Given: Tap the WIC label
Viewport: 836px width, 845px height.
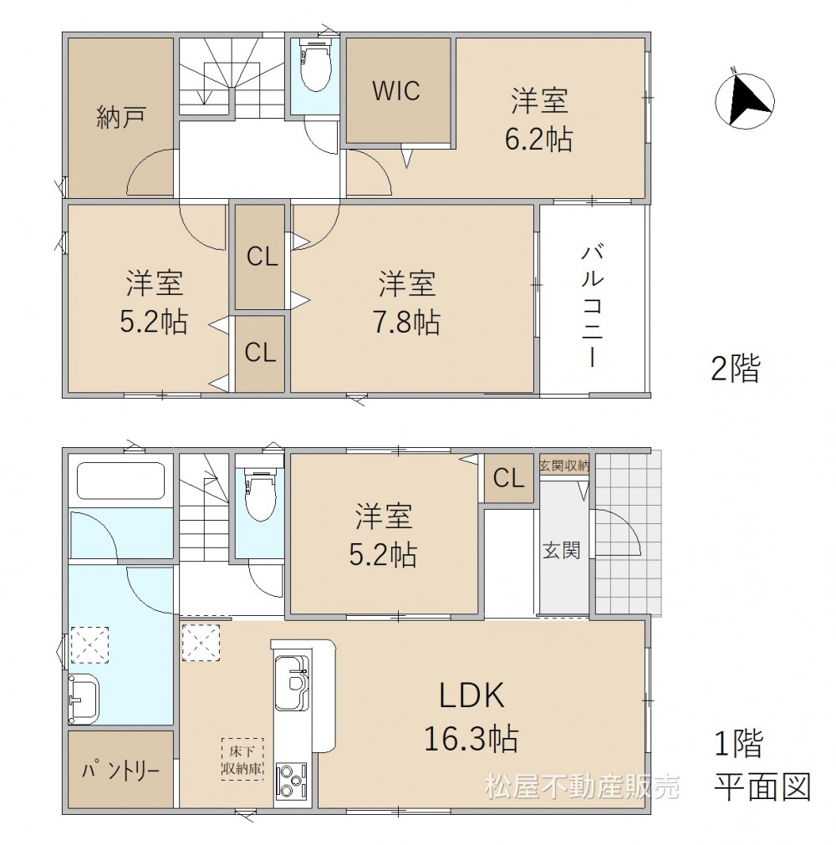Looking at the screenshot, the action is coord(396,90).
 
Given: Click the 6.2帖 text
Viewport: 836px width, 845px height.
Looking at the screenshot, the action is coord(538,139).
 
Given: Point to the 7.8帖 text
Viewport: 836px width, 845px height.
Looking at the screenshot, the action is coord(407,322).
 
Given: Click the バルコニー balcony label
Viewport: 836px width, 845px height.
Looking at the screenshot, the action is coord(592,305).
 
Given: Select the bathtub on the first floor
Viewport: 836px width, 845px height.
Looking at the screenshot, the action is coord(120,481).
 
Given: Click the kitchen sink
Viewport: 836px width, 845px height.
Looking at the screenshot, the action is coord(293,683).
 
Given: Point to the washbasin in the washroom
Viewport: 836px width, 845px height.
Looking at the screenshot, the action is coord(84,699).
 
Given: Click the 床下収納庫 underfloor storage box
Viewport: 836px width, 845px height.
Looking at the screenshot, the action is coord(242,759).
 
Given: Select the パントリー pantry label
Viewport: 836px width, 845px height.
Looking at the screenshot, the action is coord(120,771).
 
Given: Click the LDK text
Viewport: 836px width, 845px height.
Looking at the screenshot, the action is coord(472,695).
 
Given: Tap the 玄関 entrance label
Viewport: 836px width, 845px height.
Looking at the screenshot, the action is coord(562,551).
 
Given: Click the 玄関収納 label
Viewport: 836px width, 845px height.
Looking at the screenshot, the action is coord(564,465).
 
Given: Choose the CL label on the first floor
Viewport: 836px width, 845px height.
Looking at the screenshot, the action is coord(508,477).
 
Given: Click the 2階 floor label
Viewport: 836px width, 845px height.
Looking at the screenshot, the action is coord(735,369).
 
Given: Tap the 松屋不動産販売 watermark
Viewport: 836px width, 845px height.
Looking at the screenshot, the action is coord(582,786).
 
